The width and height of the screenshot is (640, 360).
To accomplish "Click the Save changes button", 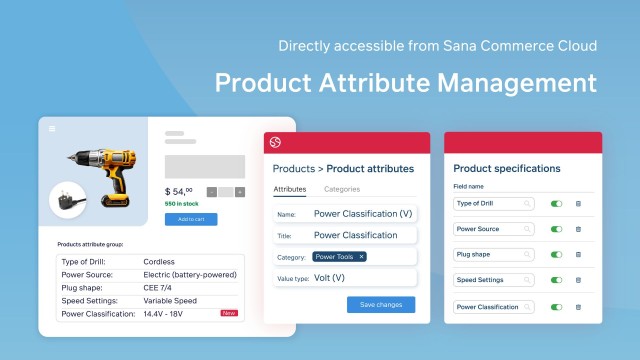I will [x=381, y=305].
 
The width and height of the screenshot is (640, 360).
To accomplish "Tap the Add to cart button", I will [x=190, y=219].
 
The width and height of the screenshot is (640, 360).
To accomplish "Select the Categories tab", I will [x=342, y=189].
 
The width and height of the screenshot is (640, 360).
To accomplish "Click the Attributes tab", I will [x=289, y=189].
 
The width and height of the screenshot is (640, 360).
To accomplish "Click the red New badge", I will [x=229, y=313].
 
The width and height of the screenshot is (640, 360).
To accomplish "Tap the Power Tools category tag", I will [x=340, y=256].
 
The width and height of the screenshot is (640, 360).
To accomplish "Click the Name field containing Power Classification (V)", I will [x=363, y=214].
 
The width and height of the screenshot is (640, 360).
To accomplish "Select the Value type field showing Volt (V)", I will [x=363, y=278].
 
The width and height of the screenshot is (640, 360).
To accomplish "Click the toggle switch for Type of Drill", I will [x=556, y=203].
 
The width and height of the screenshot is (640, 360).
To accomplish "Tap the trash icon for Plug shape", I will [x=578, y=254].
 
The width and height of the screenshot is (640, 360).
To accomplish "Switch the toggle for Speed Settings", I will [x=556, y=280].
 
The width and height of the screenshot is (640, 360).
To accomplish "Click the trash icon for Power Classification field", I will [x=578, y=306].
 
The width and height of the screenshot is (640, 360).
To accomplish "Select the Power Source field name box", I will [x=494, y=229].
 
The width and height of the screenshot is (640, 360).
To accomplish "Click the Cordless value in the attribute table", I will [x=159, y=262].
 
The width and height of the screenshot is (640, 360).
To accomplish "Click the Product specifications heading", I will [x=507, y=168].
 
